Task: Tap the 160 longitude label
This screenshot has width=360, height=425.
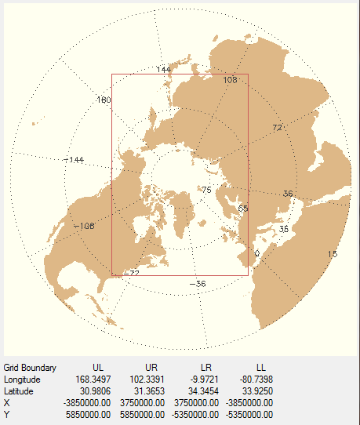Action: click(104, 100)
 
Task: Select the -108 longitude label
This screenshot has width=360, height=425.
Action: click(83, 226)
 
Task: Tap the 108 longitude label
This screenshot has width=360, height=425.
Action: click(231, 80)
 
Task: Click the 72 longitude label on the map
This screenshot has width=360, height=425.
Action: click(277, 127)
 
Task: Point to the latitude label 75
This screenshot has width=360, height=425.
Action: click(207, 190)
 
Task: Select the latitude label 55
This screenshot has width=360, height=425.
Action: click(242, 208)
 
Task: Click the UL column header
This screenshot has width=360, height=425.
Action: click(97, 368)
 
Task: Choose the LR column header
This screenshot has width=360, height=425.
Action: click(206, 368)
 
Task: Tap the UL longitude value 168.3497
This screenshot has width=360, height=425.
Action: click(97, 380)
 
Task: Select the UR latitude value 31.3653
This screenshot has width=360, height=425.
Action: click(152, 391)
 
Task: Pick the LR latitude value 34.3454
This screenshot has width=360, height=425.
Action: click(206, 391)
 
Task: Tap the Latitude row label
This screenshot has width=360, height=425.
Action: click(20, 391)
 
